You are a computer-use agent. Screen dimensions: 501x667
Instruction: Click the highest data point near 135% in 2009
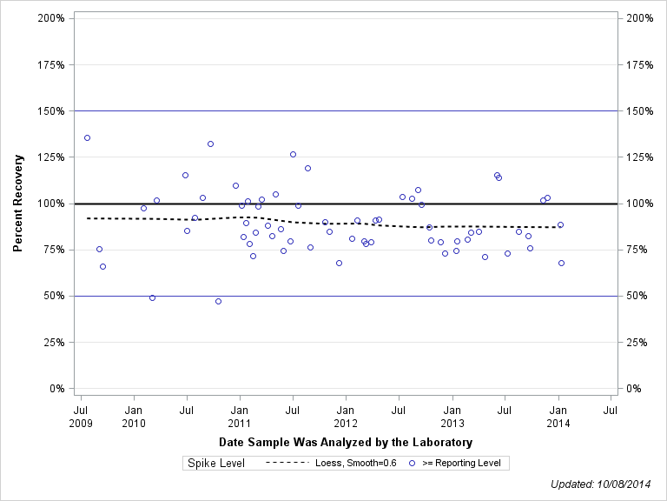tap(87, 137)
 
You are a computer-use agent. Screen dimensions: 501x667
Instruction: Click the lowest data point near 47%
tap(218, 301)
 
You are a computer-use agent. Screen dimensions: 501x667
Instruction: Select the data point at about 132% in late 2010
tap(210, 144)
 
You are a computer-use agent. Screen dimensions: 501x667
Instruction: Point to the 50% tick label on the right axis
tap(637, 296)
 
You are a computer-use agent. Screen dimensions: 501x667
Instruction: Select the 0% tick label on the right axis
tap(635, 389)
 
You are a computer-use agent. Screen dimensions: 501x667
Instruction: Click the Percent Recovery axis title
tap(17, 204)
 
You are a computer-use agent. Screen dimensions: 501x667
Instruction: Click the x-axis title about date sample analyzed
tap(346, 443)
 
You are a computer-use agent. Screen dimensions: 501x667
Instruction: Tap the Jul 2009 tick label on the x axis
tap(81, 416)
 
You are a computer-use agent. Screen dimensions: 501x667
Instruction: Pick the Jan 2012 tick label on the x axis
tap(346, 416)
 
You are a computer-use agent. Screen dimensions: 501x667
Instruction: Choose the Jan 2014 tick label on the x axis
tap(558, 416)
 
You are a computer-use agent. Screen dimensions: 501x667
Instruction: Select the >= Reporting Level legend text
tap(461, 464)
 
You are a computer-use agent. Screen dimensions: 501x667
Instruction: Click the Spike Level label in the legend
tap(216, 464)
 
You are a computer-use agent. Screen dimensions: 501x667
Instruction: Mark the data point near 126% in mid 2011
tap(293, 154)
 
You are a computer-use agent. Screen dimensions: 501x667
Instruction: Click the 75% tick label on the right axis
tap(637, 250)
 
